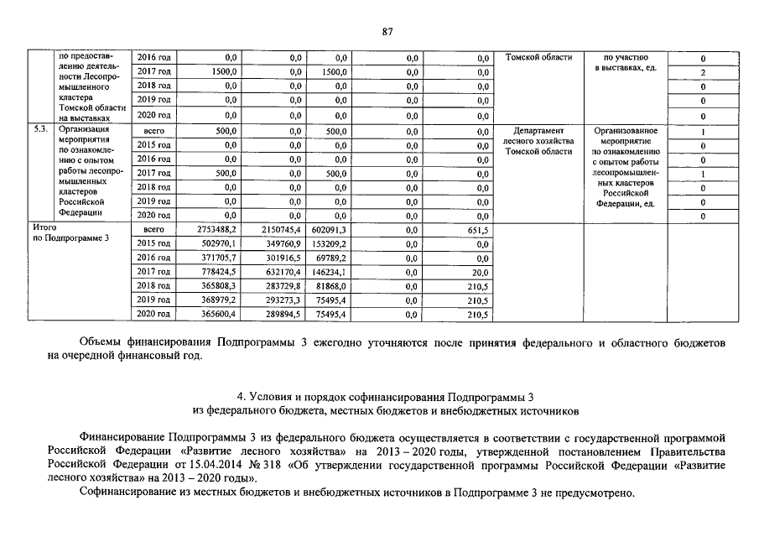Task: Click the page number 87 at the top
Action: coord(387,32)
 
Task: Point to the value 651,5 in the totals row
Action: coord(478,229)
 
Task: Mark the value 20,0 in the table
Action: coord(480,272)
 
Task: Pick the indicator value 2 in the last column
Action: coord(702,73)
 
